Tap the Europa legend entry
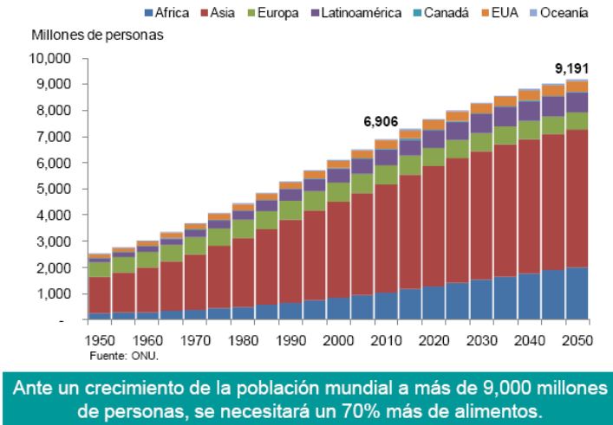265,12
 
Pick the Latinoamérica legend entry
342,12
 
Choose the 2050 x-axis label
576,340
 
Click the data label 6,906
381,122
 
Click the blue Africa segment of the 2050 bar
576,293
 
